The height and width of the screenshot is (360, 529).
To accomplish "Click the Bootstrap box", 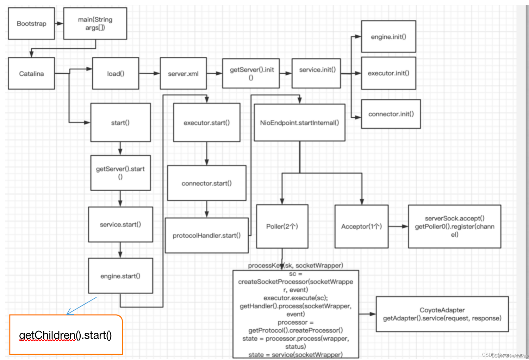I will click(31, 24).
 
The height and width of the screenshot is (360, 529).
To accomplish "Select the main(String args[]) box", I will click(95, 24).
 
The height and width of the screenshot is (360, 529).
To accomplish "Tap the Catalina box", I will click(31, 74).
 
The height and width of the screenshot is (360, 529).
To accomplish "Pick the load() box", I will click(116, 74).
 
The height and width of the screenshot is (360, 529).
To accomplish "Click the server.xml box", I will click(183, 74).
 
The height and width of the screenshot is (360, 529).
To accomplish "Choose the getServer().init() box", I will click(251, 73).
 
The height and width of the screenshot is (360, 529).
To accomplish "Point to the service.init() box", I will click(316, 73).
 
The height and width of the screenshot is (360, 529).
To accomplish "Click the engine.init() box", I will click(388, 37).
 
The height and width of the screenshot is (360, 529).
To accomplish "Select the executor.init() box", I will click(388, 73).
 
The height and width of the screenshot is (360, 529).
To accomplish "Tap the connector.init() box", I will click(391, 114).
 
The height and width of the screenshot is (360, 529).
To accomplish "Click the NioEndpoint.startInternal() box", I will click(299, 123).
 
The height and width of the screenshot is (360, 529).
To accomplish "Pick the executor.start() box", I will click(207, 123).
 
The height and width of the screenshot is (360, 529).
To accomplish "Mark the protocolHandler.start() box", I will click(207, 235).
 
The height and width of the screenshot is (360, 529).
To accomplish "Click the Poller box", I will click(282, 226).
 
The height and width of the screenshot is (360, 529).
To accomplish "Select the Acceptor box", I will click(361, 226).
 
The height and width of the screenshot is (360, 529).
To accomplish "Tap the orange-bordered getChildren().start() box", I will click(66, 335).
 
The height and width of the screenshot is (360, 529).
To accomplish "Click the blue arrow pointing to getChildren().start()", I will click(82, 305).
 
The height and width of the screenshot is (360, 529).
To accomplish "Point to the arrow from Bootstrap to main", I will click(59, 24).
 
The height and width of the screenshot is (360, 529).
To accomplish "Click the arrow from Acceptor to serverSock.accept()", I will click(398, 226).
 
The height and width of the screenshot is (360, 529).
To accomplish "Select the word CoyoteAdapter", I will click(442, 310).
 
